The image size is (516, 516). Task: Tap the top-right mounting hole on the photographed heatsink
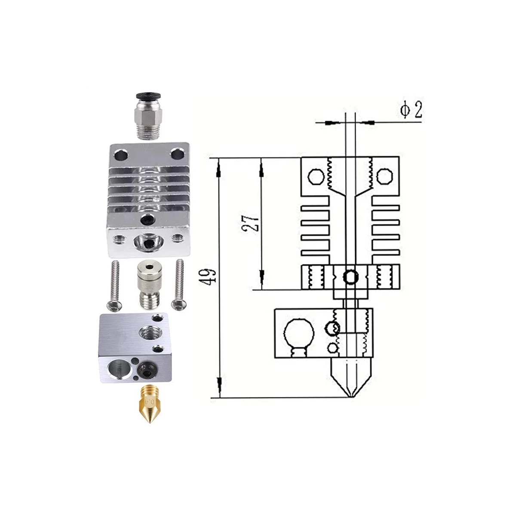[176, 154]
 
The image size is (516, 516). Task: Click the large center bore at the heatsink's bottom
[147, 243]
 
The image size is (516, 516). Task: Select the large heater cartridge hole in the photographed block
[115, 368]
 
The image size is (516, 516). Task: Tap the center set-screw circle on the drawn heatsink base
[351, 276]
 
